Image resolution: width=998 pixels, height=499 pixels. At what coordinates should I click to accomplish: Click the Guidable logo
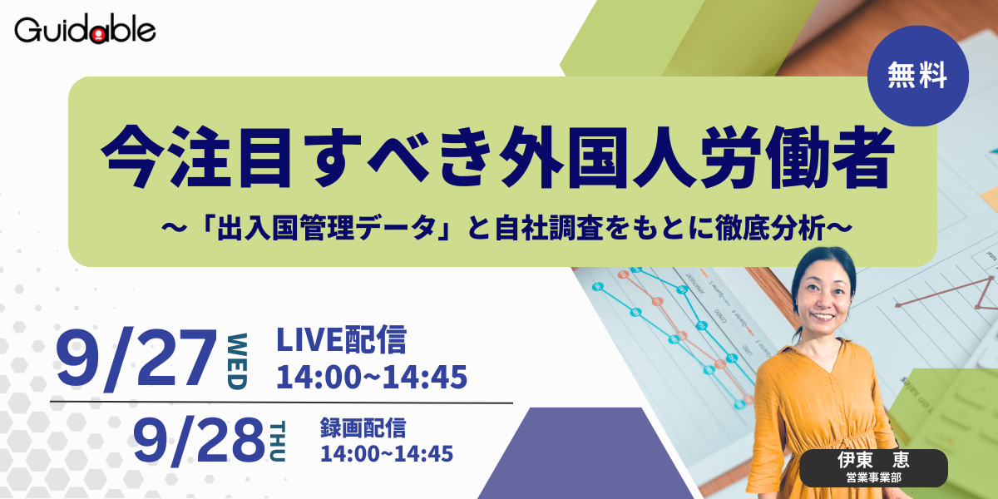click(x=85, y=29)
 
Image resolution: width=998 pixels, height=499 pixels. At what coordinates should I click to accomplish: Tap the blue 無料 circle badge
click(x=918, y=76)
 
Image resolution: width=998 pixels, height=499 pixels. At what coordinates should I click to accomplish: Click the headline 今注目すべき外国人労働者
click(x=497, y=156)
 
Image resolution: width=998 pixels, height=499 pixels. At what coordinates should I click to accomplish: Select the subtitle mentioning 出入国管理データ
click(x=506, y=228)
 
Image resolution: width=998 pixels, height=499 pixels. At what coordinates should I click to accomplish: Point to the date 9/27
click(x=136, y=358)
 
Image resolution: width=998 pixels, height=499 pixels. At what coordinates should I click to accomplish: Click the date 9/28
click(x=199, y=440)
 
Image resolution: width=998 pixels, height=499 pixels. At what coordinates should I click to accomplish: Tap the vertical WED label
click(x=238, y=362)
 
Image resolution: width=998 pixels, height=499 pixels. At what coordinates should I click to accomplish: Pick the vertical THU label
click(x=278, y=442)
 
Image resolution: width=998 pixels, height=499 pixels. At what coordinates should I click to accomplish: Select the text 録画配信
click(x=363, y=427)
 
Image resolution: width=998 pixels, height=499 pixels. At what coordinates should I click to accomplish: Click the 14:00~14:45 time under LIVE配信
click(x=372, y=377)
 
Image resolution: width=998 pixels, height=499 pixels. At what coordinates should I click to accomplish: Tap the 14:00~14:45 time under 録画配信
click(x=387, y=454)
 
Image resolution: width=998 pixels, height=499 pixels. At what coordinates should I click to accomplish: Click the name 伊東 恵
click(x=873, y=460)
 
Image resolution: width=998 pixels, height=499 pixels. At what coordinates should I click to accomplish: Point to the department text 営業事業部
click(x=874, y=478)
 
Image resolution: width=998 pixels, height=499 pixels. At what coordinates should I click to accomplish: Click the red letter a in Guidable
click(x=98, y=35)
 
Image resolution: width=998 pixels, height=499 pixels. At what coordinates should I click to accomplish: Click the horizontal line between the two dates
click(x=281, y=403)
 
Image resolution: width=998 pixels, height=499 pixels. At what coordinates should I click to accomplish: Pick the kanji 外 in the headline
click(x=530, y=156)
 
